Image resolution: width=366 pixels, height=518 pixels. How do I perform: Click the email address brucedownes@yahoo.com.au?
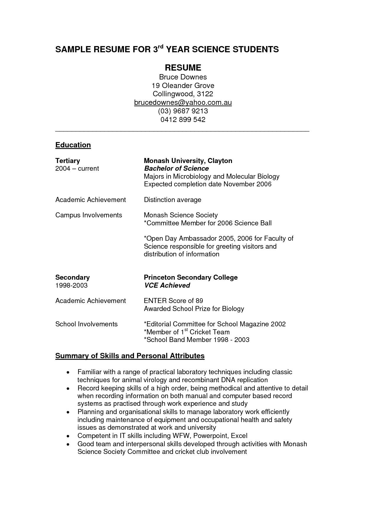pos(183,102)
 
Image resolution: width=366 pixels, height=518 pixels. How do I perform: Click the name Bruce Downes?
pos(183,77)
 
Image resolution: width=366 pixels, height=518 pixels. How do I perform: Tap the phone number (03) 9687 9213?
pos(183,111)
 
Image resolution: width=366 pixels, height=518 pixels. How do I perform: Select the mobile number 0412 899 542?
pos(183,120)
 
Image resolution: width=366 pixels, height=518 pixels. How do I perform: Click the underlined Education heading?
pos(73,145)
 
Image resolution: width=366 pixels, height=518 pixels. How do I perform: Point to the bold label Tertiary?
pos(68,161)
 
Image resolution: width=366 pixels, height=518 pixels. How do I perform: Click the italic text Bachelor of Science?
pos(176,168)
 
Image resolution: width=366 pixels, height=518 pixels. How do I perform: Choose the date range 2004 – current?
pos(77,168)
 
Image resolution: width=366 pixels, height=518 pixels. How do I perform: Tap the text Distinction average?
pos(172,200)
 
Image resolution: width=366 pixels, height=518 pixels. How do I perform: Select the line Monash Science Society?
pos(181,215)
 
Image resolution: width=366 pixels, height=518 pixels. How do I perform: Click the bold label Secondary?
pos(72,277)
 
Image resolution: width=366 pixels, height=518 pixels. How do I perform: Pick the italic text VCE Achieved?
pos(167,285)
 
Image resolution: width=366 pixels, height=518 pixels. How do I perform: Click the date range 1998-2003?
pos(71,285)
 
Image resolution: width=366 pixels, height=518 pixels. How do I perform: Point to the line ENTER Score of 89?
pos(173,301)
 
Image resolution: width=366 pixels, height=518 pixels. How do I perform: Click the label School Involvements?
pos(86,324)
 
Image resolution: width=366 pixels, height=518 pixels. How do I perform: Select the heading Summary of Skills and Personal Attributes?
pos(130,356)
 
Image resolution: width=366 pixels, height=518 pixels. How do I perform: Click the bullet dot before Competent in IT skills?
pos(68,436)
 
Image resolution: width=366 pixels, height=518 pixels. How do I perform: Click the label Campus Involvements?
pos(89,215)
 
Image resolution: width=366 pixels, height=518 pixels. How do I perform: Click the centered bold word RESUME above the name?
pos(183,68)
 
